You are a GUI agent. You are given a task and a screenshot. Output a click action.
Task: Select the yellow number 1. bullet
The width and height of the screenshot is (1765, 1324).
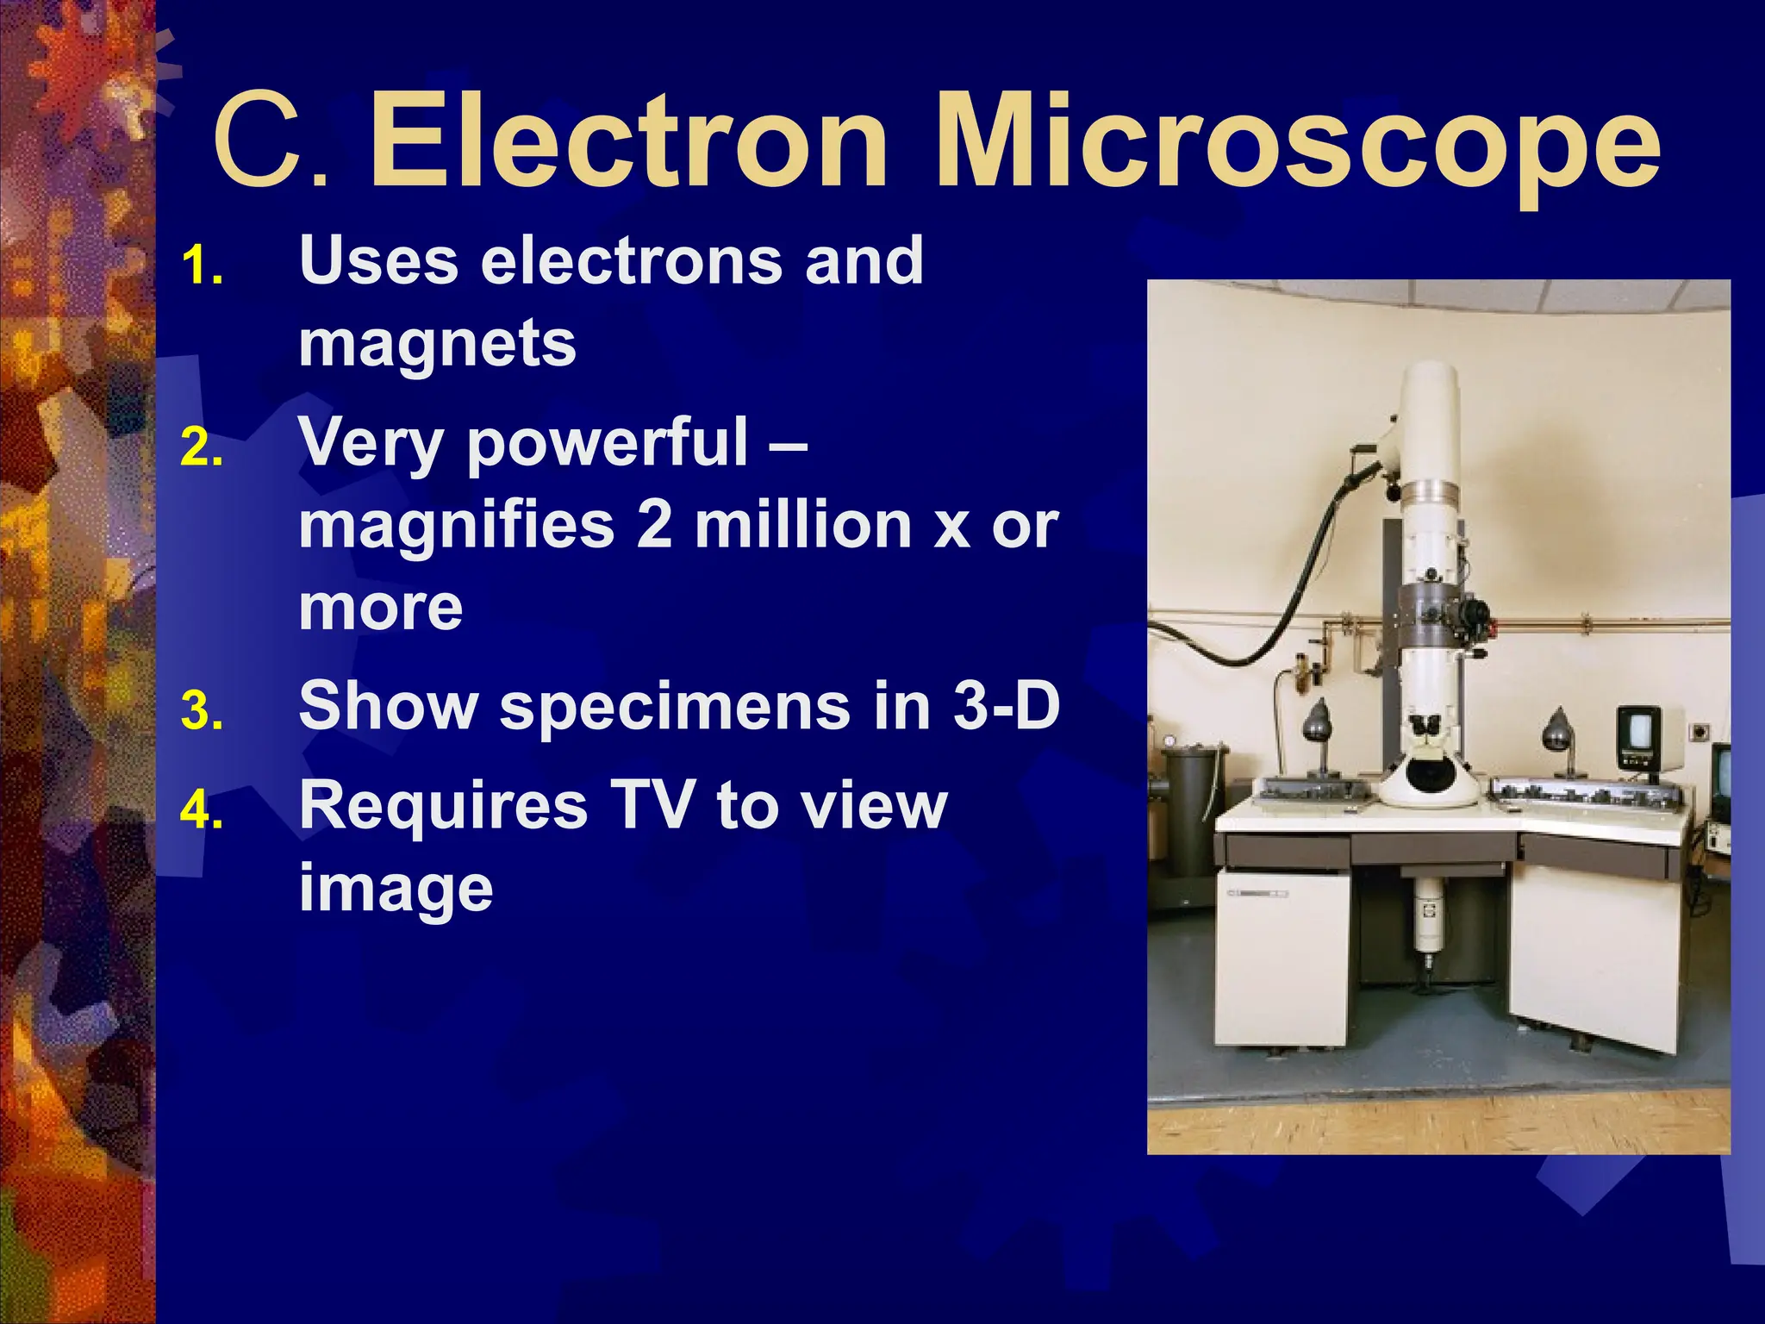tap(203, 266)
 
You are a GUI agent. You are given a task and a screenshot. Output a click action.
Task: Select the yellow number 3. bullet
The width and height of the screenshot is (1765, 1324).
tap(203, 712)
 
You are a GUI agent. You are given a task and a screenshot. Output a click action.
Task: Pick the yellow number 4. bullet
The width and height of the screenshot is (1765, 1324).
tap(203, 811)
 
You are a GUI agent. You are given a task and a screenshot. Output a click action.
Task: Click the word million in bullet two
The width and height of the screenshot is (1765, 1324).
tap(803, 525)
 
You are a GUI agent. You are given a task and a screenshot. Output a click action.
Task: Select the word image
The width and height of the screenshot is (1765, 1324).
tap(396, 890)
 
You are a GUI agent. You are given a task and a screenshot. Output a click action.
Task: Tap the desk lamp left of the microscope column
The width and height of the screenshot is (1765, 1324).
tap(1318, 722)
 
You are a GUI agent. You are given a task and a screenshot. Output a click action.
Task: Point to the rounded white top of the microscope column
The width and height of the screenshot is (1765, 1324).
tap(1429, 388)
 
